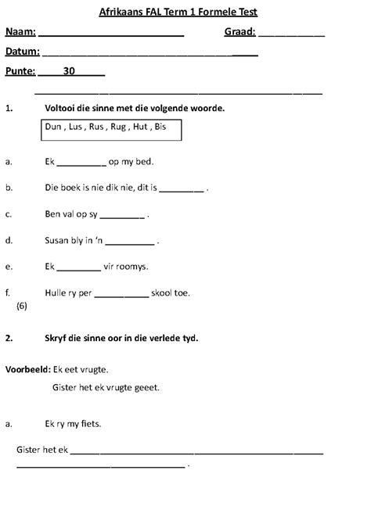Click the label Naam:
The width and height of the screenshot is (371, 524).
click(20, 32)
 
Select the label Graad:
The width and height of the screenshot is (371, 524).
click(240, 32)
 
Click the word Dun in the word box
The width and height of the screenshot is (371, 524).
click(53, 126)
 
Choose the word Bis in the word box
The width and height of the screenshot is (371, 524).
click(160, 126)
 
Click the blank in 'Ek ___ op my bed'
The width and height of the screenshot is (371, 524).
click(81, 163)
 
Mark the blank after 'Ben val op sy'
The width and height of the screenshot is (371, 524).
click(122, 215)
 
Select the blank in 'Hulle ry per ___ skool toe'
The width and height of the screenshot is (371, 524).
click(125, 295)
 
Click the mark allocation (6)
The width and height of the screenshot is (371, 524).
click(21, 307)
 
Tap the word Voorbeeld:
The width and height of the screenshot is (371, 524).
click(28, 368)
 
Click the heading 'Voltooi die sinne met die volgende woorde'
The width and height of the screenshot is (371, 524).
click(135, 108)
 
